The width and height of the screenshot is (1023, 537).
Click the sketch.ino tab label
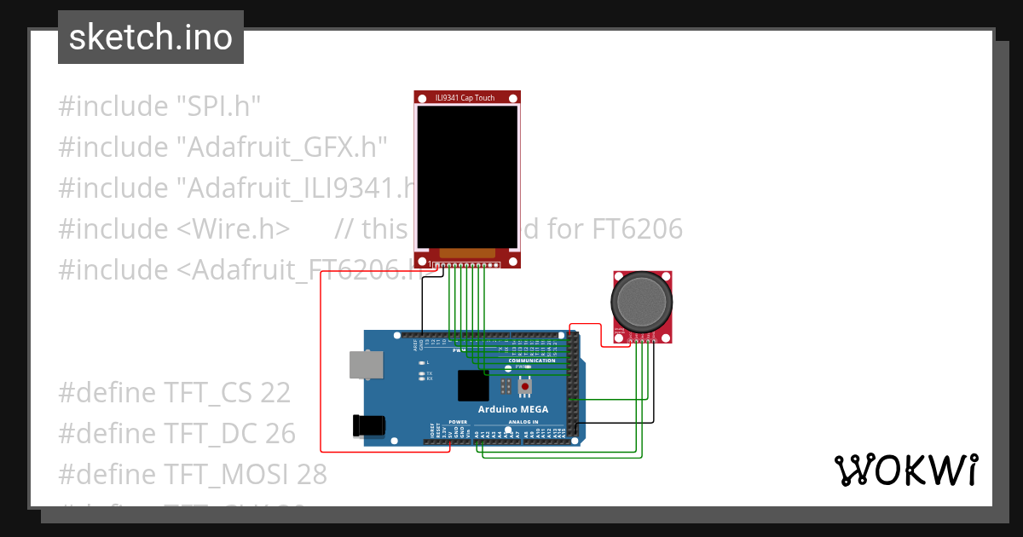[151, 38]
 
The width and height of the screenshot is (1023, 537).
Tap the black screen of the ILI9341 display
[467, 176]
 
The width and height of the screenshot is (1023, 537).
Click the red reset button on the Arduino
[525, 387]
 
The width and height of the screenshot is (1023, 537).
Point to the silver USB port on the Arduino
[366, 365]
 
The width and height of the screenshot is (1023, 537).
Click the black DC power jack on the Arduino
[368, 426]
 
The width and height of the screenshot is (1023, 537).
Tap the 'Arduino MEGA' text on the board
[513, 410]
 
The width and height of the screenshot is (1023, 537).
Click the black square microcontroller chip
[473, 385]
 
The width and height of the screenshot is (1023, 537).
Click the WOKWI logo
[905, 470]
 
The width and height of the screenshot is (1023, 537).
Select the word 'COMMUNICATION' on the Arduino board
[531, 361]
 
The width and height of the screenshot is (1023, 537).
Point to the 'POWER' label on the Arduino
[459, 422]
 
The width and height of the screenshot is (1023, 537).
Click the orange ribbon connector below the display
[466, 253]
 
